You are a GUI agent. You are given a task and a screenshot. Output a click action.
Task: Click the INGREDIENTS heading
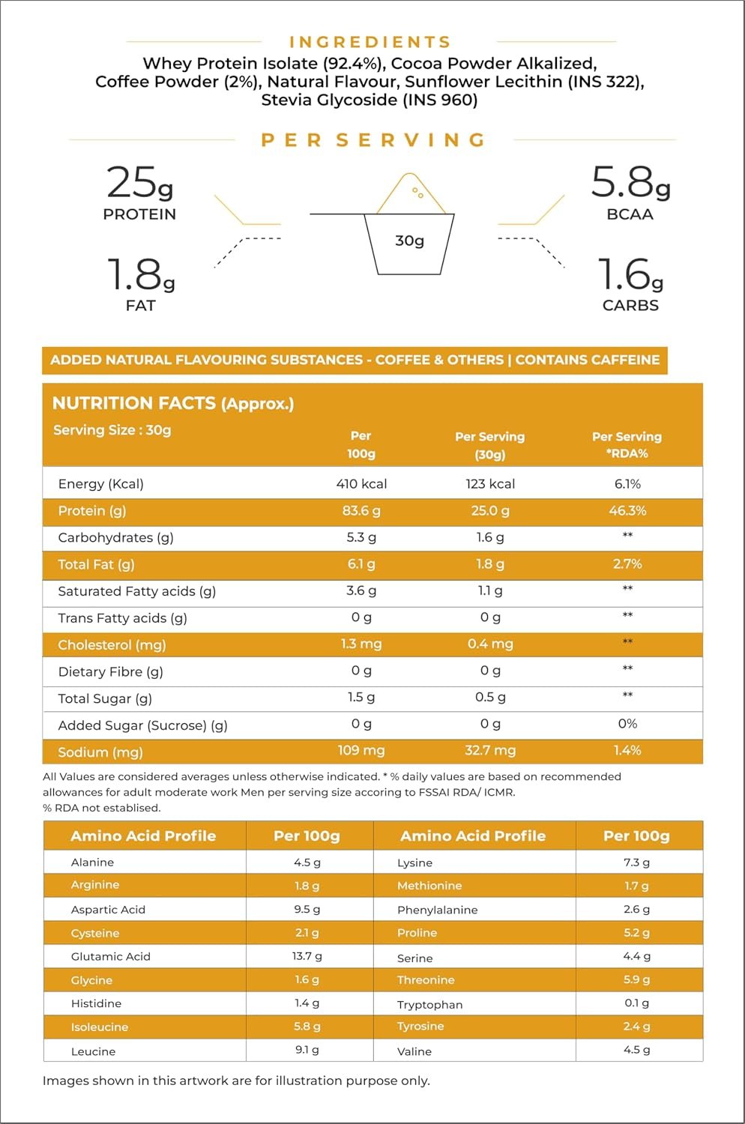370,42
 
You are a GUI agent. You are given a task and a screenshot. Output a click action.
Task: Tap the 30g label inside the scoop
409,241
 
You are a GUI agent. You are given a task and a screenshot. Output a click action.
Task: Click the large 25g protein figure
139,182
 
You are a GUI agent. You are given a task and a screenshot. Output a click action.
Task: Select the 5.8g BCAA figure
630,182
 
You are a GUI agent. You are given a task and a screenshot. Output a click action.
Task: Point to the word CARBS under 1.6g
630,305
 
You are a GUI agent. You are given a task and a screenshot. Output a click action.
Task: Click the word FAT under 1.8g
141,305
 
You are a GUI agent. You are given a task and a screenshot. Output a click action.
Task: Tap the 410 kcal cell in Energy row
361,484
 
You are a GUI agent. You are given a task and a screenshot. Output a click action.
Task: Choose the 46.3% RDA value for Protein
627,510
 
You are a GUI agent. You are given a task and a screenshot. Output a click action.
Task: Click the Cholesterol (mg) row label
112,644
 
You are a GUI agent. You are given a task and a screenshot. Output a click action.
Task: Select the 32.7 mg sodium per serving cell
490,750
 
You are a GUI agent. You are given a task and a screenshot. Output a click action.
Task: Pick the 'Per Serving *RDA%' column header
627,444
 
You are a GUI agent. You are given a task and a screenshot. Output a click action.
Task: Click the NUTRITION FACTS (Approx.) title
172,403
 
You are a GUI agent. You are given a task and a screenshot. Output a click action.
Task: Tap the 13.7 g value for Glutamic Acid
307,956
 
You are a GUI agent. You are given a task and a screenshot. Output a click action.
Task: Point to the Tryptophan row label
429,1005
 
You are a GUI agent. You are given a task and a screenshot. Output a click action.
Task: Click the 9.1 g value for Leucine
307,1049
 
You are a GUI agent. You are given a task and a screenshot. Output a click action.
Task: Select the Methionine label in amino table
429,886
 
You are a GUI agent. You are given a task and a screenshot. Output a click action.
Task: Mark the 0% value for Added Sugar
627,724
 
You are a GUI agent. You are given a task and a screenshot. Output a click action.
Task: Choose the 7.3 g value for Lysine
636,862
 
